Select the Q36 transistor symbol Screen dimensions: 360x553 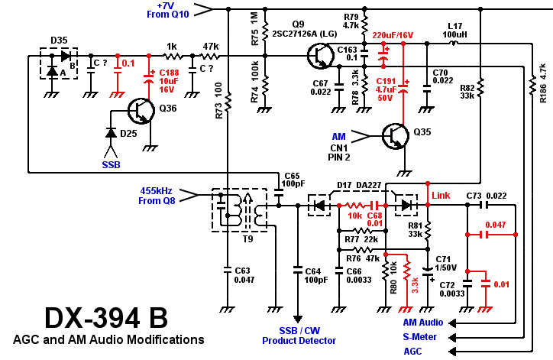(140, 112)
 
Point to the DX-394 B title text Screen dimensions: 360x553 (106, 317)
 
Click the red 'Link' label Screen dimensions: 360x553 (441, 196)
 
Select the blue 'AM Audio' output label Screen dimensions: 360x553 (422, 323)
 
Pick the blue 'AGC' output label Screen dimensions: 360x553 (412, 351)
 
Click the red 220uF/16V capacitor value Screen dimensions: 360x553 (393, 35)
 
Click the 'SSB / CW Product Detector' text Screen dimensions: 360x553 (299, 336)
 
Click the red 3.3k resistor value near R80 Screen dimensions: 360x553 (416, 285)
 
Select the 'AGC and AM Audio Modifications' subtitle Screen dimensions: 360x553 (108, 339)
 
